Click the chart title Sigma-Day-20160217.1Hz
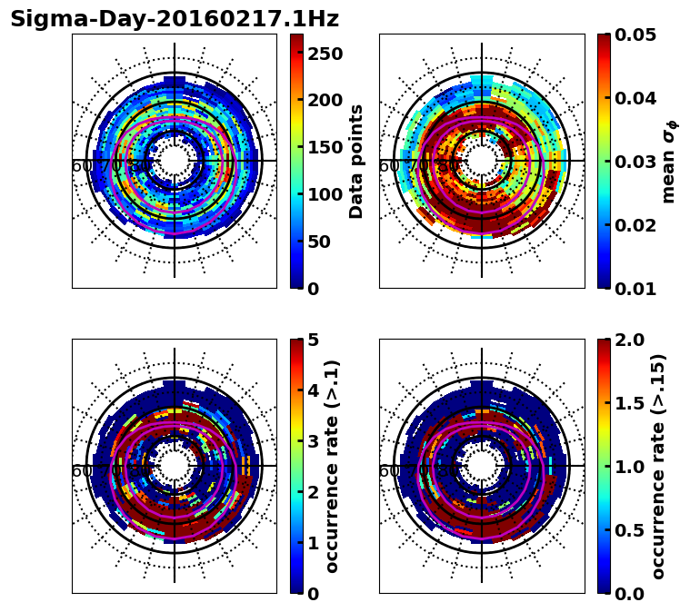tap(174, 19)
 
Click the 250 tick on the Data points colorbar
tap(325, 54)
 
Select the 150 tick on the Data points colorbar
tap(325, 147)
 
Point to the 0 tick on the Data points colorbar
tap(312, 289)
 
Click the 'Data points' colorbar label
tap(356, 161)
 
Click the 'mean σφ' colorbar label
tap(668, 163)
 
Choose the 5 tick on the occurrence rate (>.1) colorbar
tap(312, 340)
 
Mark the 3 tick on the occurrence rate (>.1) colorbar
tap(312, 441)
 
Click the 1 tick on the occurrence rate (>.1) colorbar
tap(312, 543)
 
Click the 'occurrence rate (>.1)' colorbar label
tap(332, 467)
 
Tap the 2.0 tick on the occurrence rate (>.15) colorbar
tap(631, 340)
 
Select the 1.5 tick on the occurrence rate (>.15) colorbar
tap(631, 403)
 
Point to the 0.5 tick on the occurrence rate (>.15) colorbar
tap(631, 530)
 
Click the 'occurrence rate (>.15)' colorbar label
tap(658, 467)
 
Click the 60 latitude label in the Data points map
tap(81, 166)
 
